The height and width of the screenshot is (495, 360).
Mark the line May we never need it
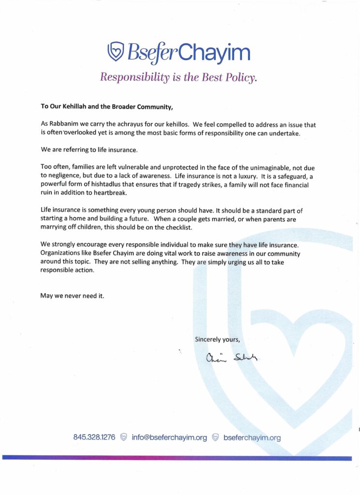[x=72, y=296]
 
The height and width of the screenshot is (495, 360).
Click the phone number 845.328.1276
[x=94, y=437]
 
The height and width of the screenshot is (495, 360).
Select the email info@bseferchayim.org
[x=169, y=437]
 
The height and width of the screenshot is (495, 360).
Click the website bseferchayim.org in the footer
[x=252, y=437]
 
